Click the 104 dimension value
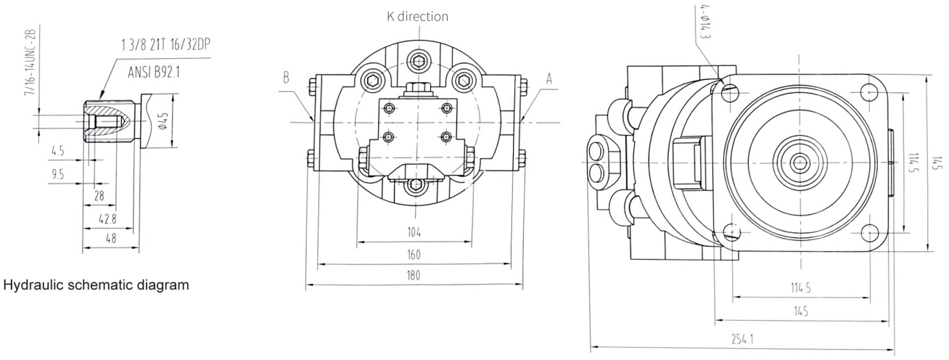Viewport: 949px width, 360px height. pyautogui.click(x=414, y=233)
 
